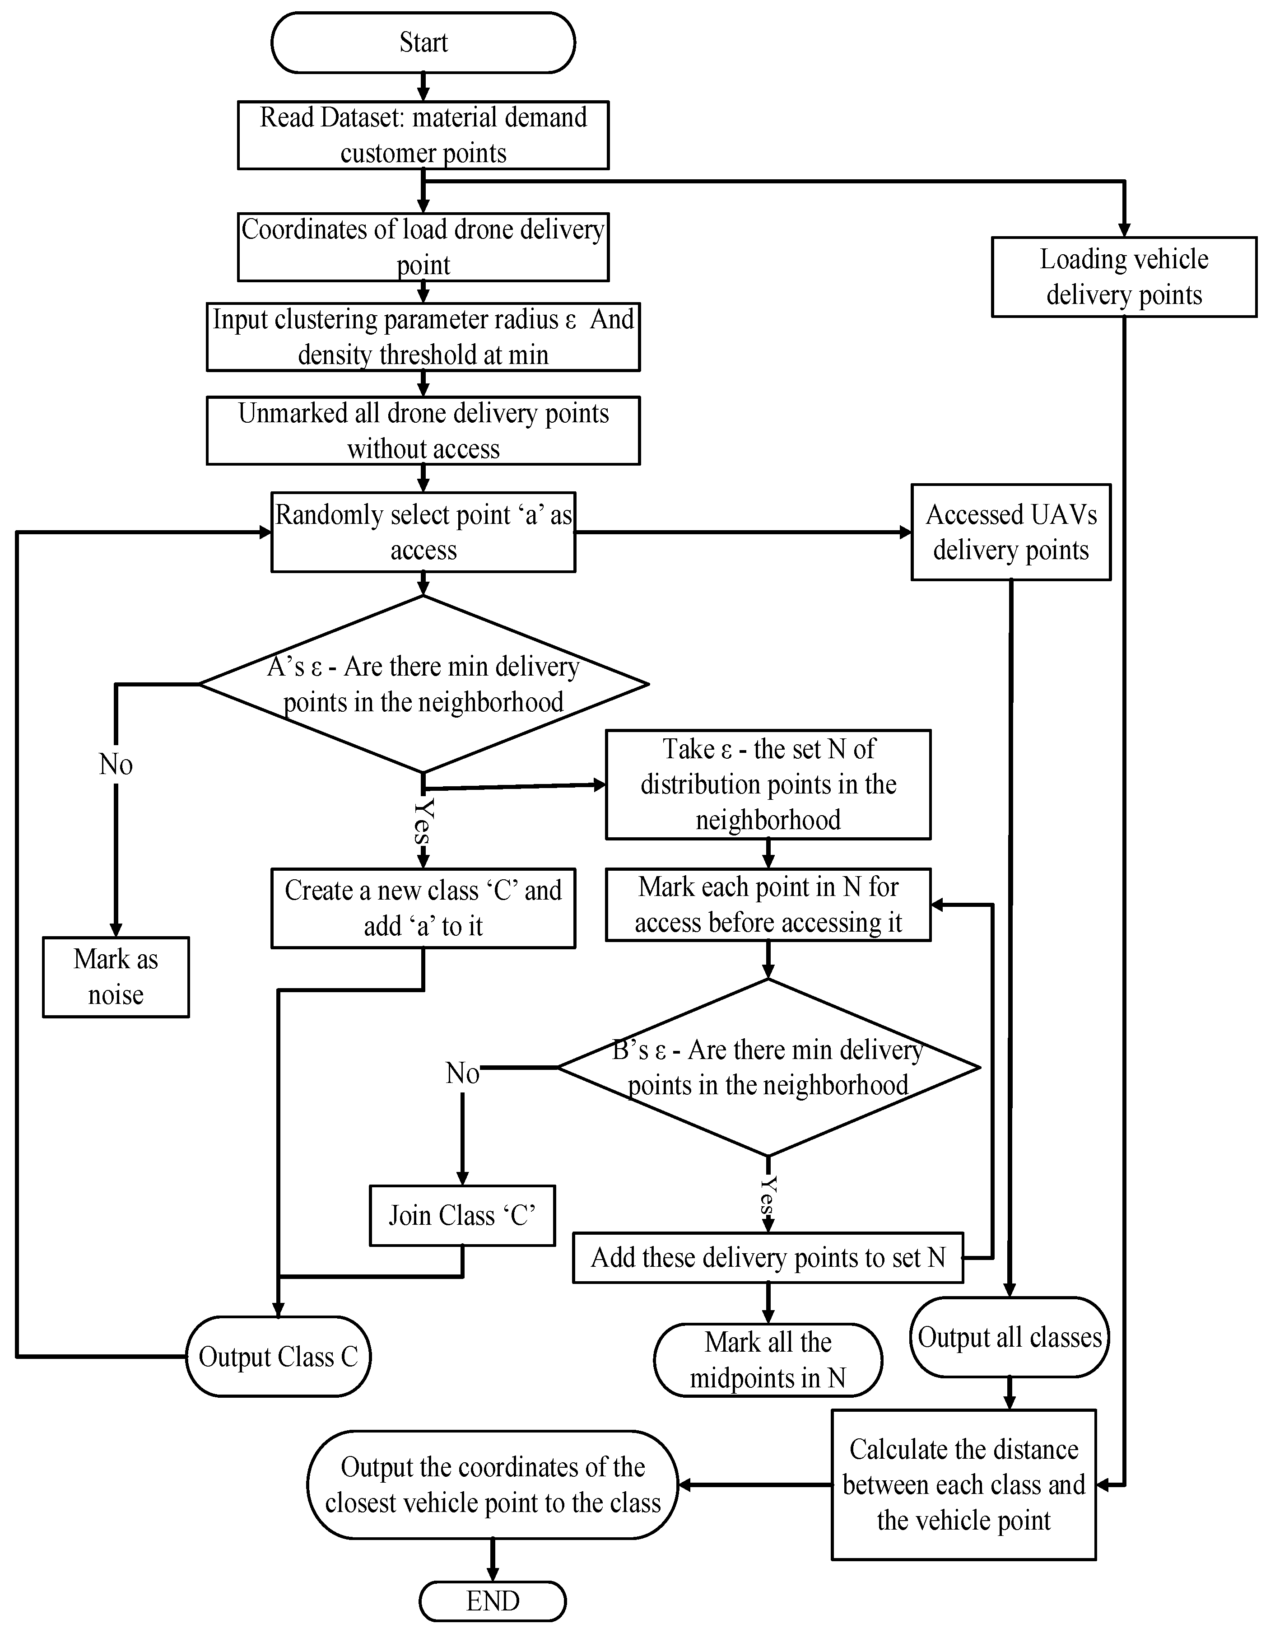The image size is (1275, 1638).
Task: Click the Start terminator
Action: pyautogui.click(x=423, y=43)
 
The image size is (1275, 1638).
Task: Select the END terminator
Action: pyautogui.click(x=492, y=1601)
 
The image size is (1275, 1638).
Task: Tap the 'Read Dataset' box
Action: pyautogui.click(x=423, y=135)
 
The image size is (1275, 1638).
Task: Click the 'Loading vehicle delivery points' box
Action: pyautogui.click(x=1123, y=277)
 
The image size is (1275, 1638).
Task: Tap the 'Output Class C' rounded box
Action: pyautogui.click(x=278, y=1356)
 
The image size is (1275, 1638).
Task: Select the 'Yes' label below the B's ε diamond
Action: pyautogui.click(x=768, y=1195)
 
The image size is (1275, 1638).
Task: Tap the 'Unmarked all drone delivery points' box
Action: pyautogui.click(x=423, y=430)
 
